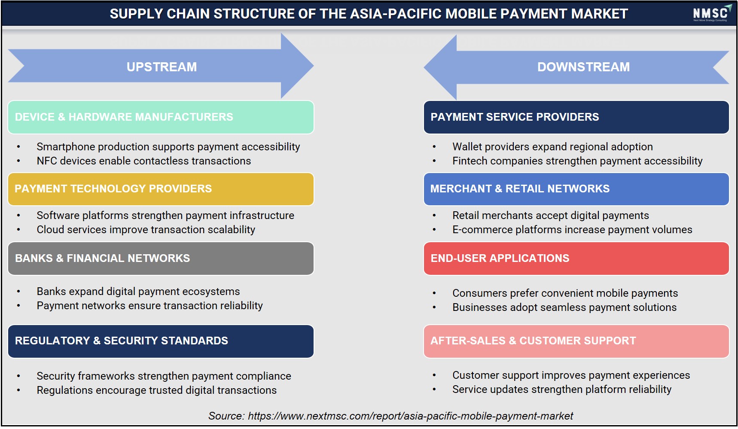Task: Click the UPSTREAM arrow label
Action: (162, 67)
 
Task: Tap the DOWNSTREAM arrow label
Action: (583, 67)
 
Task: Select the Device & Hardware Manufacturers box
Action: (161, 117)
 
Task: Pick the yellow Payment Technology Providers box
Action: (161, 189)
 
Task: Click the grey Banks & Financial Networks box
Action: (161, 259)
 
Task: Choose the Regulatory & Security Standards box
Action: (161, 341)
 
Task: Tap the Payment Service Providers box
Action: (576, 117)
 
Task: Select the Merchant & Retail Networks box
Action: (576, 189)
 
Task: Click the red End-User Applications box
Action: (576, 259)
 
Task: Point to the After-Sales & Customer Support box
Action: (576, 341)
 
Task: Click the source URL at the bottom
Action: (411, 416)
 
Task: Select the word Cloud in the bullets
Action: (50, 230)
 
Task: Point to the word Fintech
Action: (470, 161)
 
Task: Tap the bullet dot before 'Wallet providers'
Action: (434, 147)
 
